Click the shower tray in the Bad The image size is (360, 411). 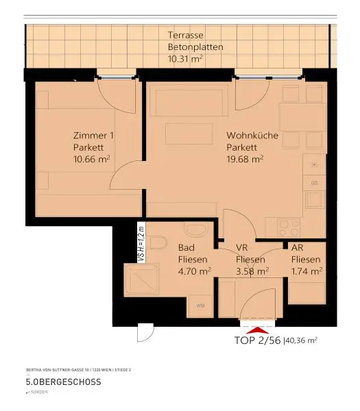pos(142,282)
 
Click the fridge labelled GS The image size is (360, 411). pos(315,183)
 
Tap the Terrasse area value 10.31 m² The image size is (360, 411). pos(186,60)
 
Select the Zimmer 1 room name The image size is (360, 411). pos(94,136)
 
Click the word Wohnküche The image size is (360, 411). pos(252,136)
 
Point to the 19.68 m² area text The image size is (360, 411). pos(245,159)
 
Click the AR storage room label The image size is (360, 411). pos(298,247)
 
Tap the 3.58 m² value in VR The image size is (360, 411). pos(252,271)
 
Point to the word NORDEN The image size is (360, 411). pos(38,393)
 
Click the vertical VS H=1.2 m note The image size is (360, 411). pos(141,242)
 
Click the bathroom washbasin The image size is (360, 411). pos(195,231)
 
